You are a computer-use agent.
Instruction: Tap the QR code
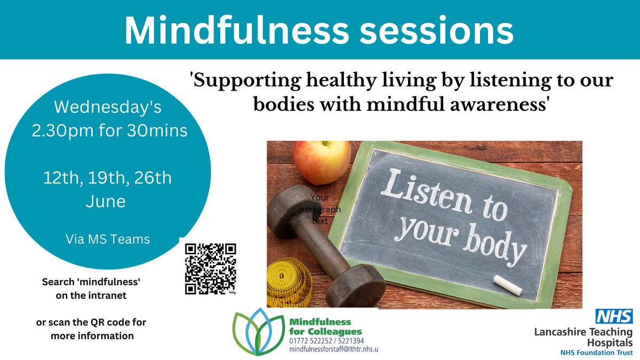[210, 269]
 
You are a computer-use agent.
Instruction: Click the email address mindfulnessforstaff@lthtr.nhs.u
[334, 348]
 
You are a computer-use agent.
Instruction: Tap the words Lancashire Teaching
[583, 331]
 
